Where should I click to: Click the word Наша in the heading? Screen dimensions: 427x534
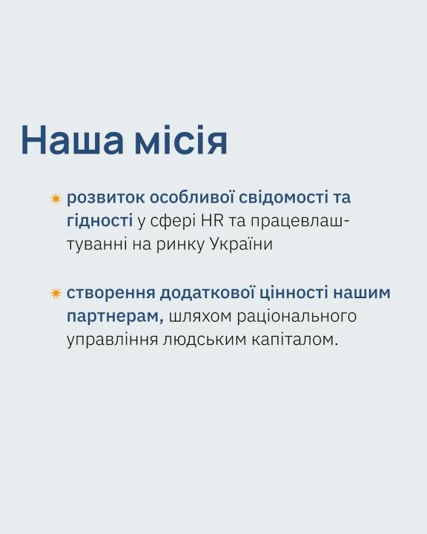click(x=72, y=140)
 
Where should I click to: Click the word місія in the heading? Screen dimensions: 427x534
click(x=181, y=140)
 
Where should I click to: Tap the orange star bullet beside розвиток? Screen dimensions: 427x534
click(x=56, y=199)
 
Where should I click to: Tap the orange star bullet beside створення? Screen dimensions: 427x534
click(x=56, y=293)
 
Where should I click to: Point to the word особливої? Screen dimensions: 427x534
click(x=192, y=198)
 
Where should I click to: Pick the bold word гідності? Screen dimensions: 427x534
click(x=99, y=221)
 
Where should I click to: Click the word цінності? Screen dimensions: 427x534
click(x=294, y=293)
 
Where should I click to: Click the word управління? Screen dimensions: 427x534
click(x=113, y=340)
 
